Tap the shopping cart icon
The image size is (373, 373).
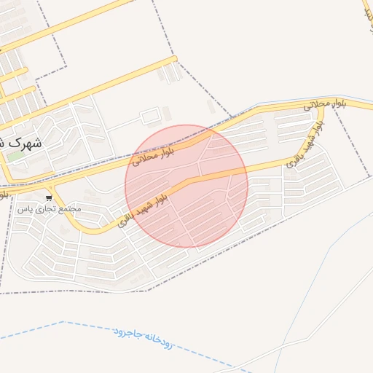tap(49, 197)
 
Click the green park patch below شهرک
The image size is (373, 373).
tap(15, 156)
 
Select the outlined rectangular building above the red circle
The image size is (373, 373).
tap(149, 117)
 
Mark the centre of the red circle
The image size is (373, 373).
tap(186, 186)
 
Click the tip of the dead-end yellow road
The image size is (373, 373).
tap(174, 59)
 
